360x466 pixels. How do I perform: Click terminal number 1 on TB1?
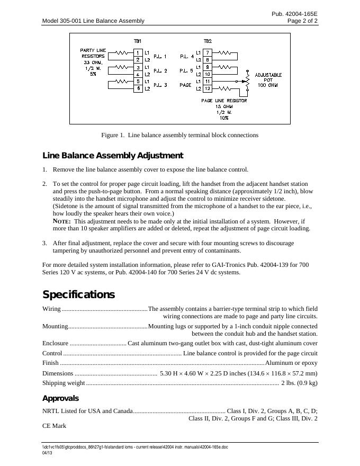138,53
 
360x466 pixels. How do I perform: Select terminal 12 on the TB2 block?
208,88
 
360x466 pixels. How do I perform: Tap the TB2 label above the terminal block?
208,41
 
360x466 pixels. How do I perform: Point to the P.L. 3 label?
160,85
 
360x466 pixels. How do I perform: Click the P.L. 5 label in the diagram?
186,70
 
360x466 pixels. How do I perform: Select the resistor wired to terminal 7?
224,53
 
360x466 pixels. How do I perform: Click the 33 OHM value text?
93,62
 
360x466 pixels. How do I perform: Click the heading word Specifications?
78,294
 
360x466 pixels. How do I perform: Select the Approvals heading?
60,398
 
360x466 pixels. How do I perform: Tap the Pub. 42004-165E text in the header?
295,13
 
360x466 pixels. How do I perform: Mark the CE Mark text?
54,425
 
